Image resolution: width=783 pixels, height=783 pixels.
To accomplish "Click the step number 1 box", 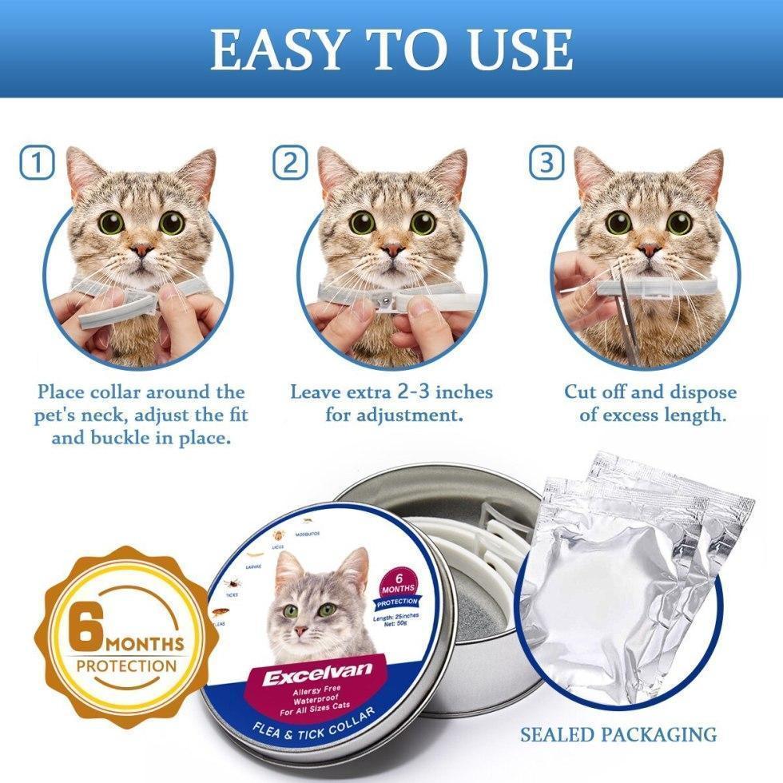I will [x=37, y=164].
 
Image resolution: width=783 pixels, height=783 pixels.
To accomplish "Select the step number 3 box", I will [x=547, y=164].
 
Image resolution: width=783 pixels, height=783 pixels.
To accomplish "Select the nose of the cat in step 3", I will [x=649, y=249].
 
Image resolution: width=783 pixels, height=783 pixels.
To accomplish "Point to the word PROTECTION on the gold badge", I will [x=126, y=666].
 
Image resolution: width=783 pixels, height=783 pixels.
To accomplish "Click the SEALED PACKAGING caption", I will [x=618, y=733].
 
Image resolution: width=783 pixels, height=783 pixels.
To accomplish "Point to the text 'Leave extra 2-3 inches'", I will [x=391, y=392].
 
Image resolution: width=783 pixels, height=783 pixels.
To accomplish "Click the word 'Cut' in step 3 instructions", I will [x=581, y=392].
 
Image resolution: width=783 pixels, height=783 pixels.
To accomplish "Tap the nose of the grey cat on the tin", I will [x=301, y=631].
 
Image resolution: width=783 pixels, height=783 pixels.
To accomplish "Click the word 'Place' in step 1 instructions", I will [x=66, y=392].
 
